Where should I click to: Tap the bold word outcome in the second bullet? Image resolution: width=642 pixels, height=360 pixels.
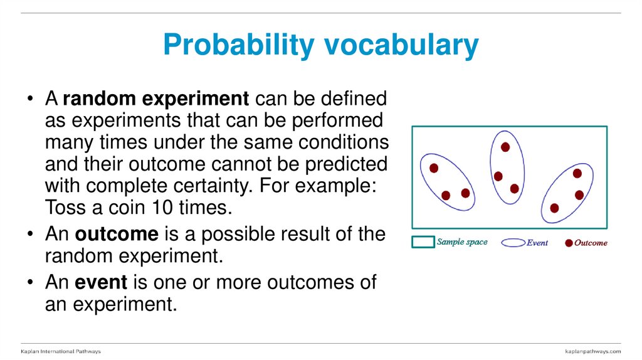(117, 234)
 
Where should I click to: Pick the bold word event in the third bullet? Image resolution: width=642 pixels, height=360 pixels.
(101, 282)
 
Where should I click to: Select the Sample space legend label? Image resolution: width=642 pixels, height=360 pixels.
(462, 242)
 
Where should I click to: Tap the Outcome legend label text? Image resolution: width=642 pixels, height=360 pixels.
(591, 243)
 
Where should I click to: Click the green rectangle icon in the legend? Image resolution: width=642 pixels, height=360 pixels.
(423, 242)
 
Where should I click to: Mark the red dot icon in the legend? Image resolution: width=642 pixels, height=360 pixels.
(569, 243)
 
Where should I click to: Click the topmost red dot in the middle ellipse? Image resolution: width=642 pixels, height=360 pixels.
(505, 147)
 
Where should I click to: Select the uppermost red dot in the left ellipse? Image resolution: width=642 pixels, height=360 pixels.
(433, 168)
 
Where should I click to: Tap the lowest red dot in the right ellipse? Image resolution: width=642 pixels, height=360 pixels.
(554, 208)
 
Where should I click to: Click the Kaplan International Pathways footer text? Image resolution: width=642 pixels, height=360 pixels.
(61, 351)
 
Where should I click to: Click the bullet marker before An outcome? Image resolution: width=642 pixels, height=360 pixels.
(30, 235)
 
